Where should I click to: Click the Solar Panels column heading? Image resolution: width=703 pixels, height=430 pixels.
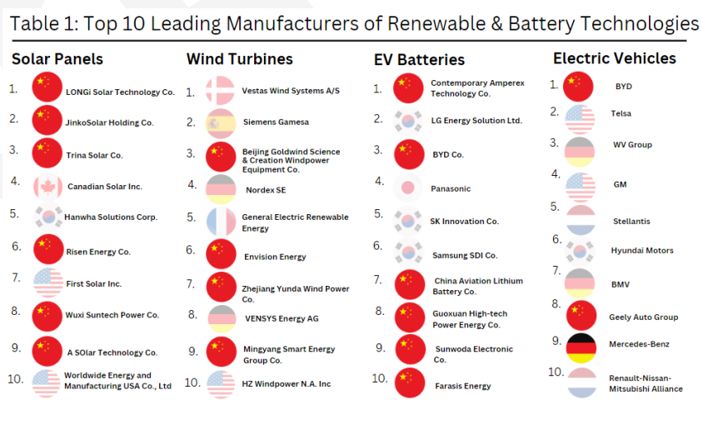tap(57, 59)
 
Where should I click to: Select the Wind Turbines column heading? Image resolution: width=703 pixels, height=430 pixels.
tap(240, 59)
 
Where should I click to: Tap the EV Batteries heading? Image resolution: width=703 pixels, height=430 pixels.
tap(419, 60)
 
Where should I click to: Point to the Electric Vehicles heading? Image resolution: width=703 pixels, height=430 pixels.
tap(615, 58)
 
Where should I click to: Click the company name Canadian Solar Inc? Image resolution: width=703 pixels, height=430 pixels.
tap(105, 187)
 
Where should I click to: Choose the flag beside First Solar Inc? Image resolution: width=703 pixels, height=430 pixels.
tap(47, 283)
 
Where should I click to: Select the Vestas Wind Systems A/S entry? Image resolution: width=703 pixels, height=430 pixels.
tap(291, 91)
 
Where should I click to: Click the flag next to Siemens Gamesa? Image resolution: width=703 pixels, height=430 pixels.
tap(221, 122)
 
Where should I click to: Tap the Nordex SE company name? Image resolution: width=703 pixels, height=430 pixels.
tap(266, 190)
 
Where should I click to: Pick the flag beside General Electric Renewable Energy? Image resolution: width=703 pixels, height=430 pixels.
tap(221, 222)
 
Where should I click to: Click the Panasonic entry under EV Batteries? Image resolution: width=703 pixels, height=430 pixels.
tap(451, 189)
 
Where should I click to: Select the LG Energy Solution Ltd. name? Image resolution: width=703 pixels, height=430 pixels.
tap(476, 121)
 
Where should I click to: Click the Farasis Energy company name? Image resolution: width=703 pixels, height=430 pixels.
tap(463, 386)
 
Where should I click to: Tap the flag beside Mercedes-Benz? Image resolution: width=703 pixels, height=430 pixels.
tap(581, 344)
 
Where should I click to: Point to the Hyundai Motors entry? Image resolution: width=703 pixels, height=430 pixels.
tap(642, 251)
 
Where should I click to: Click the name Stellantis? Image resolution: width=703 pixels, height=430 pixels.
tap(631, 222)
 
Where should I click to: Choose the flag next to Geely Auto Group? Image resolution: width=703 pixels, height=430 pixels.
tap(581, 316)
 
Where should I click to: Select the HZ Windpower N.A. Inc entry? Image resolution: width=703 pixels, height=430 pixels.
tap(287, 384)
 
